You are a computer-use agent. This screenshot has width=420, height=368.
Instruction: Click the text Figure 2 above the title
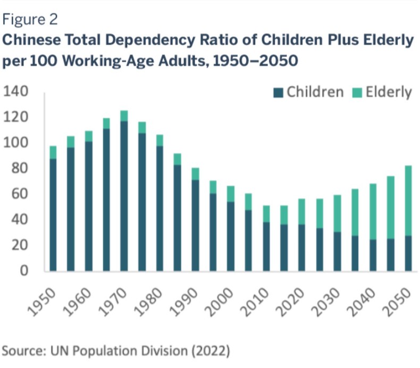point(30,20)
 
